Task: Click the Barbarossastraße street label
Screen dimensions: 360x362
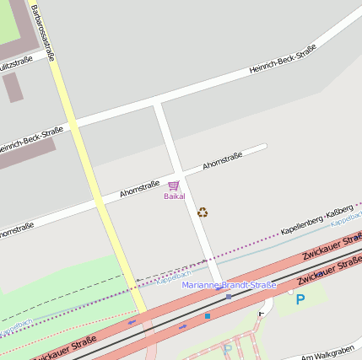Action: (x=43, y=34)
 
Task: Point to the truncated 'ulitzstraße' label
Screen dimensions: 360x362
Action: (x=15, y=60)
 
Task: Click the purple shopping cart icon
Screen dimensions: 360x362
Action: (x=174, y=185)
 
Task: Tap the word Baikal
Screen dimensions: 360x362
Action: (x=175, y=196)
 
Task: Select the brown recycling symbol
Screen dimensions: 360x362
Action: (x=203, y=212)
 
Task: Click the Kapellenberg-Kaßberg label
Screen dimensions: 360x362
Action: (x=317, y=218)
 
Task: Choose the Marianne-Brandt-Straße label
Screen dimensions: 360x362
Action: (x=229, y=286)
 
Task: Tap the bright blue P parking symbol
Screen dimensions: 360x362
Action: (x=300, y=299)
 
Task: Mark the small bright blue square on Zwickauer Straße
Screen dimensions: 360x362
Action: (x=208, y=316)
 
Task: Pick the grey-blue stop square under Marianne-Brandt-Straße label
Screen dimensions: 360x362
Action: (x=228, y=296)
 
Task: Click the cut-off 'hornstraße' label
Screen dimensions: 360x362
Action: (x=15, y=228)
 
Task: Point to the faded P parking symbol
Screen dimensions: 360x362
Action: (x=227, y=348)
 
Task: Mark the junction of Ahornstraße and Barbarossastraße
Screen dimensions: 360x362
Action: (x=100, y=205)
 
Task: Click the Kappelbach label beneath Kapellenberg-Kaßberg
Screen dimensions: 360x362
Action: (x=346, y=220)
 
